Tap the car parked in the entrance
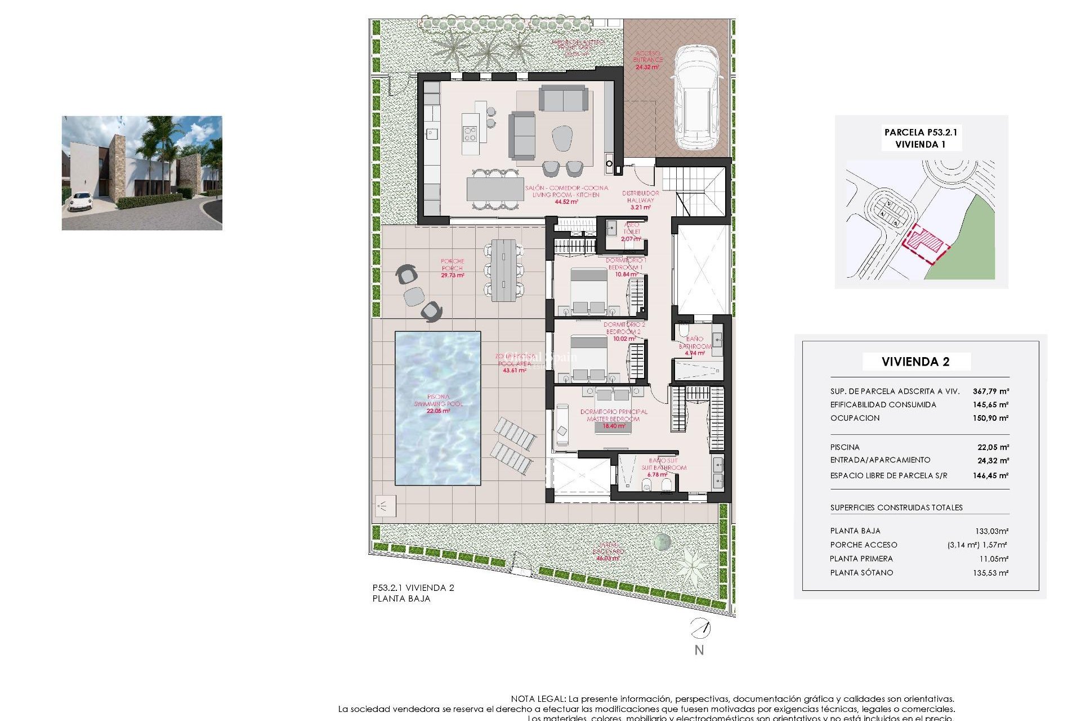click(697, 99)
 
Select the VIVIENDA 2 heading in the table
click(915, 362)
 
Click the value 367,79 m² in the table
click(990, 391)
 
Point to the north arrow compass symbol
click(700, 628)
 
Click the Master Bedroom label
click(613, 416)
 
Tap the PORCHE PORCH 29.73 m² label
click(452, 268)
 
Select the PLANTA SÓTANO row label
click(861, 573)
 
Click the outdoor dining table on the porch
click(503, 270)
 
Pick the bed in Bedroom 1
click(588, 291)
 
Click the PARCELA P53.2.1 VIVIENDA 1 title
click(921, 138)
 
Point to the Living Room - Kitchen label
click(566, 194)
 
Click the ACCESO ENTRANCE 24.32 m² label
click(647, 60)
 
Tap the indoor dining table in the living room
click(495, 189)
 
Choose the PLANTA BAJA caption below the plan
click(401, 599)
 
